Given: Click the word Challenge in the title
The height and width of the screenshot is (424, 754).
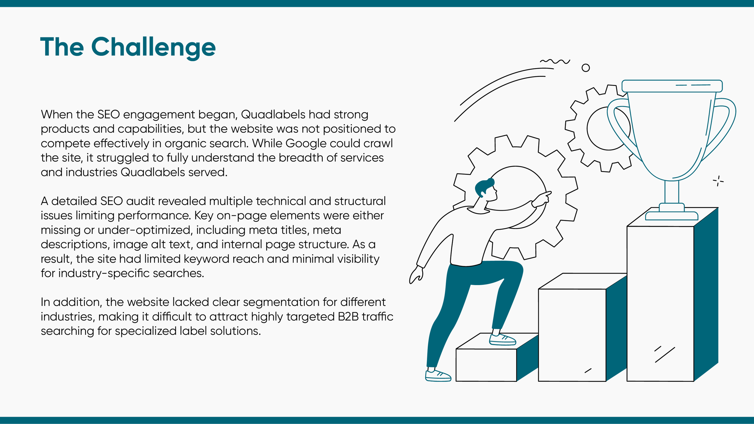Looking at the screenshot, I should [x=153, y=47].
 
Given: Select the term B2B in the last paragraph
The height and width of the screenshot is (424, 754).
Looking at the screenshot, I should [x=348, y=317].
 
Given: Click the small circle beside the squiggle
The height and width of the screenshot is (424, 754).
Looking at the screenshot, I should [x=585, y=68].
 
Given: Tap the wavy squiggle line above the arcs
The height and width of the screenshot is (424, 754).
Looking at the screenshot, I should [x=555, y=61].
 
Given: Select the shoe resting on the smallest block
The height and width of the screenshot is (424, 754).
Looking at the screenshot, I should [x=502, y=340].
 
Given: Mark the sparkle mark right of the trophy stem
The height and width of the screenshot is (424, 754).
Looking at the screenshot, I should [x=718, y=181].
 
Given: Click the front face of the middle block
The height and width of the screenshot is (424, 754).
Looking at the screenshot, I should [x=572, y=334].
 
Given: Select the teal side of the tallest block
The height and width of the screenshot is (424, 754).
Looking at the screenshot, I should [x=706, y=295].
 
